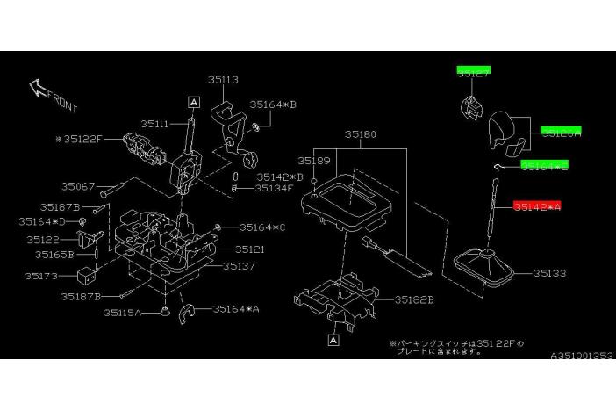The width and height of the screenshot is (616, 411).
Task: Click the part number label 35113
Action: (x=224, y=79)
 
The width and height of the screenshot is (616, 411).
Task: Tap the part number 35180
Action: (x=360, y=135)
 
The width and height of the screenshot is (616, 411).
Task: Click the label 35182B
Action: (x=414, y=299)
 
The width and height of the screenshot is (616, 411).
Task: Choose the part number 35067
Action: (x=79, y=186)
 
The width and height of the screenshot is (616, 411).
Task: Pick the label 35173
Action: (x=41, y=276)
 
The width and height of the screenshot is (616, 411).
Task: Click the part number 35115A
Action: (x=122, y=312)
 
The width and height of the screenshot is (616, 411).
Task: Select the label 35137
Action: (x=238, y=265)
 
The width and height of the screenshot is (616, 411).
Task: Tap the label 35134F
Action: (x=275, y=188)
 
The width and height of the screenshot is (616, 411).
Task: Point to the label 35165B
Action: (x=54, y=255)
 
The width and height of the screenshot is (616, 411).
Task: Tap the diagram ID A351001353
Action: (x=582, y=356)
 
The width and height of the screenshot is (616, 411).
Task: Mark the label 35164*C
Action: (x=261, y=228)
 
